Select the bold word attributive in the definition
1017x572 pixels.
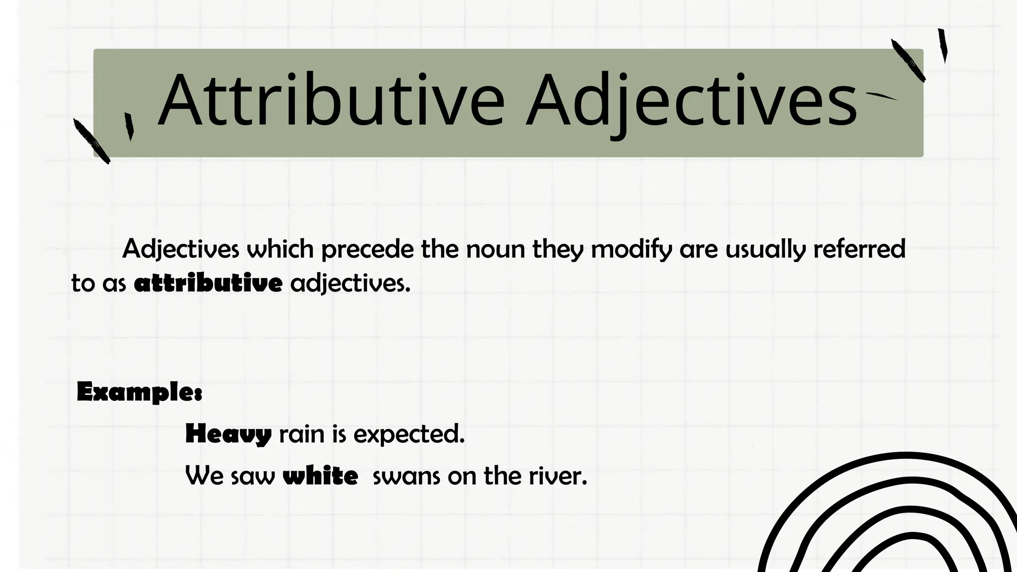click(x=208, y=284)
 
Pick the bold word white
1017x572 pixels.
click(x=320, y=476)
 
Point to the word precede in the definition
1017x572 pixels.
click(x=367, y=249)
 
